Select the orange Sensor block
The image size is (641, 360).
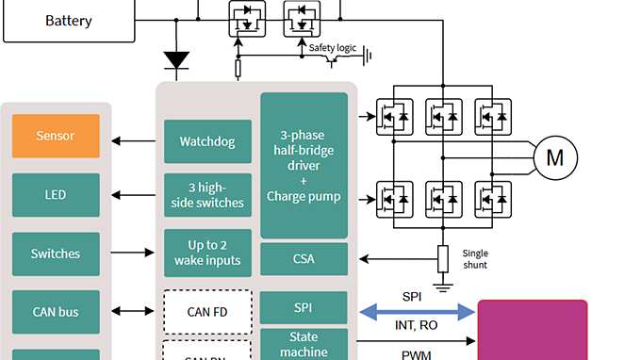pyautogui.click(x=56, y=136)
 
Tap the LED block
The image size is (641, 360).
pyautogui.click(x=56, y=195)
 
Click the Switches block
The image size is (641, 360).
pyautogui.click(x=56, y=254)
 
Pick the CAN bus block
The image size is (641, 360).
pyautogui.click(x=56, y=312)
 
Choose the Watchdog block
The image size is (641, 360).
pyautogui.click(x=207, y=141)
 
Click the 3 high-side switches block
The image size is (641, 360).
pyautogui.click(x=207, y=195)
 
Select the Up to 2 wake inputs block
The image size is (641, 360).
pyautogui.click(x=207, y=253)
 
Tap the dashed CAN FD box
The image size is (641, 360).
pyautogui.click(x=207, y=312)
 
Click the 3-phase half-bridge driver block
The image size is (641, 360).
pyautogui.click(x=304, y=165)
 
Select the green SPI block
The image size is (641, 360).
pyautogui.click(x=304, y=308)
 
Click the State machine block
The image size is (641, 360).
pyautogui.click(x=304, y=344)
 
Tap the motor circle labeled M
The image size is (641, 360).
pyautogui.click(x=555, y=158)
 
